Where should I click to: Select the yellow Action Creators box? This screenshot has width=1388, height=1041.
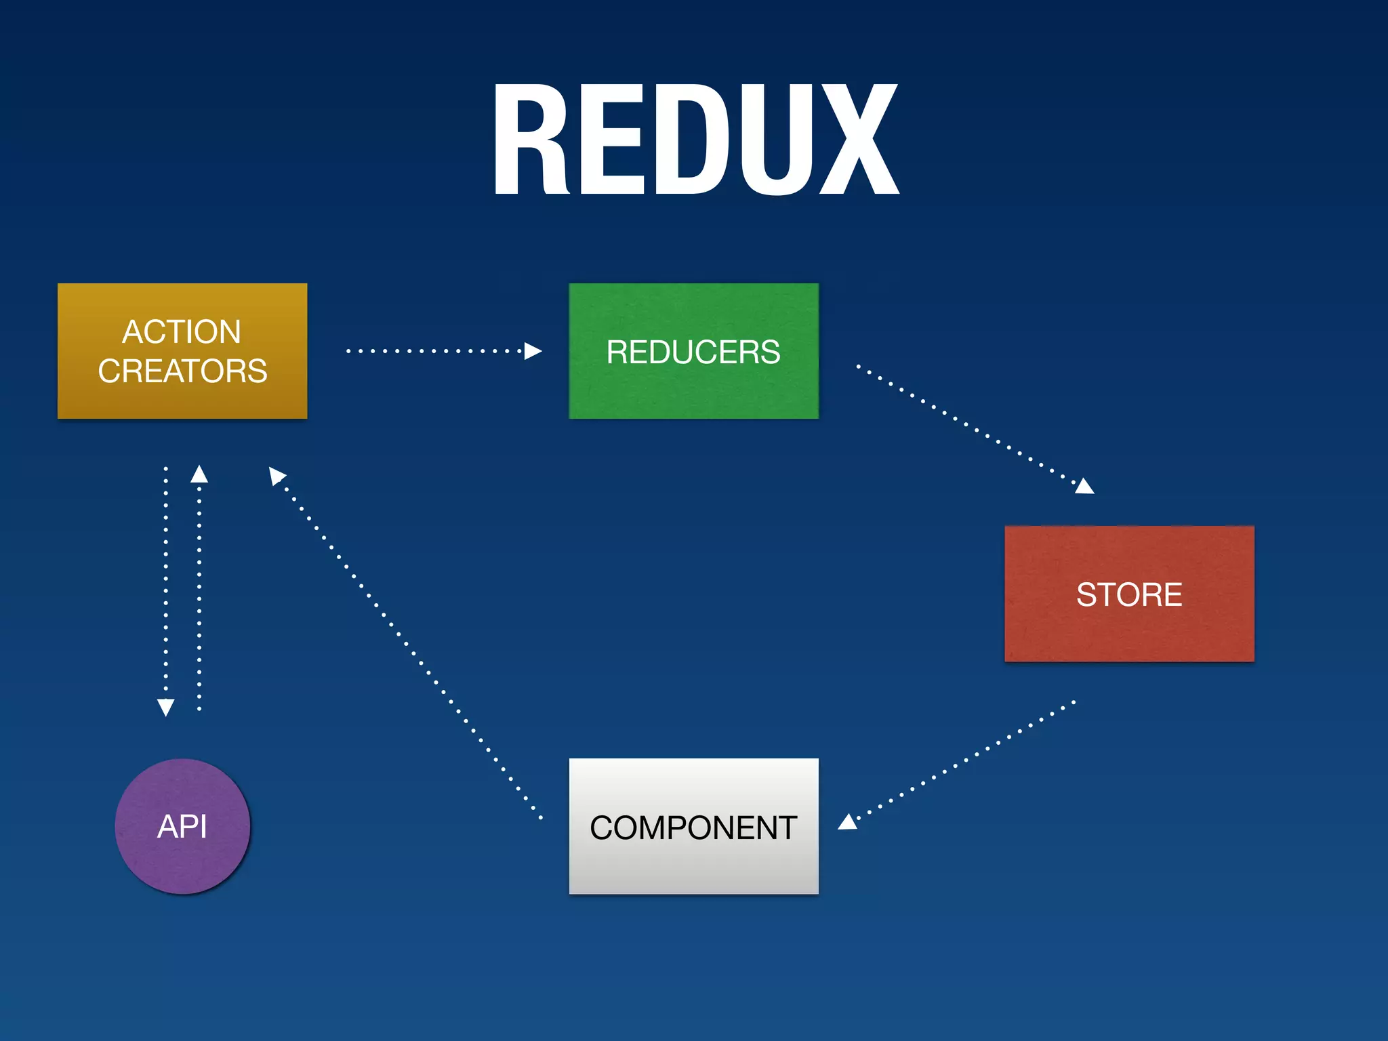click(x=182, y=351)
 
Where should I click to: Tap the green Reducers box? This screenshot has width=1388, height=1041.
click(x=693, y=351)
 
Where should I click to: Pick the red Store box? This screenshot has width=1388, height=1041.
click(x=1129, y=594)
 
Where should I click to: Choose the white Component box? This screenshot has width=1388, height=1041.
click(x=693, y=826)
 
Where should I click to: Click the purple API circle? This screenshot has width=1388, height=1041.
click(x=182, y=826)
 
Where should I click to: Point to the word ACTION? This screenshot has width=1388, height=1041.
click(x=182, y=332)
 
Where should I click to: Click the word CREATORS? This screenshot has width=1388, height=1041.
click(x=182, y=371)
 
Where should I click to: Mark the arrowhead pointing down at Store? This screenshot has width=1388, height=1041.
click(x=1085, y=486)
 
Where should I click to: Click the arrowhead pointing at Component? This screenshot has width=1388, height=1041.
click(x=847, y=822)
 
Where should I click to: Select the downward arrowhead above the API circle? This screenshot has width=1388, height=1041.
click(x=166, y=707)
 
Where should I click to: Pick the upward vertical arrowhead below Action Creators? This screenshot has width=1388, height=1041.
click(x=199, y=474)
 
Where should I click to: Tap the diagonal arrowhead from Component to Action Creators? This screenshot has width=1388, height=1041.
click(x=276, y=475)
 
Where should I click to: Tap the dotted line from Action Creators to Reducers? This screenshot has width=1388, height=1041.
click(x=434, y=351)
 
